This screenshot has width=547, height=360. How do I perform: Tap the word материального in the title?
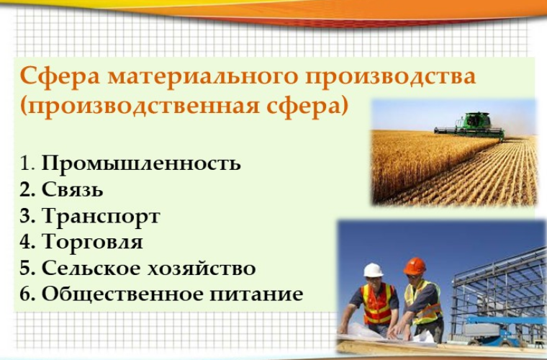[203, 76]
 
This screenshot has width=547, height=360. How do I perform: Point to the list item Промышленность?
[141, 163]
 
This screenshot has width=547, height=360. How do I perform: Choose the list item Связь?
[73, 189]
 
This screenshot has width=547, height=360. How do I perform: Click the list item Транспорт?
[101, 217]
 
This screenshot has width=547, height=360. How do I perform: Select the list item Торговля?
[92, 241]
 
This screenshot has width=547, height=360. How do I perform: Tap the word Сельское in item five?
[91, 268]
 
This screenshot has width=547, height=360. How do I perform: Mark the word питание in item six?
[256, 294]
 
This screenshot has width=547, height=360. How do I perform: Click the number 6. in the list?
[27, 294]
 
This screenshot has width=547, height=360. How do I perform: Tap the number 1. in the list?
[27, 163]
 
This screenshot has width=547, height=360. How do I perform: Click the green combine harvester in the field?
[469, 126]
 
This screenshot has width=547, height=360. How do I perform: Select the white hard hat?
[373, 270]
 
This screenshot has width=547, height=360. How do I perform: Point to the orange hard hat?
[415, 266]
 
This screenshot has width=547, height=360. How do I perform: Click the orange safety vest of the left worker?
[377, 304]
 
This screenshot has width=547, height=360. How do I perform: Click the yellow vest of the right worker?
[422, 302]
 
